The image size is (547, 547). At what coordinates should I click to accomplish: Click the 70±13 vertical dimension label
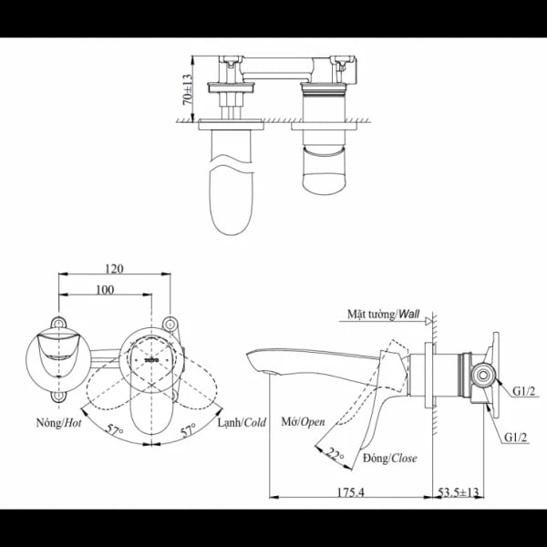pyautogui.click(x=189, y=90)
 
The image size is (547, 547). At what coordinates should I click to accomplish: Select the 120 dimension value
pyautogui.click(x=115, y=269)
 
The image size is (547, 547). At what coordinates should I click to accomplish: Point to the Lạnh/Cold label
pyautogui.click(x=242, y=423)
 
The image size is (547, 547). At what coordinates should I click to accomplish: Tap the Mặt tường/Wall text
pyautogui.click(x=382, y=313)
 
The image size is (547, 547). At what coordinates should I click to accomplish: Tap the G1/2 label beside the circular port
pyautogui.click(x=523, y=391)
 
